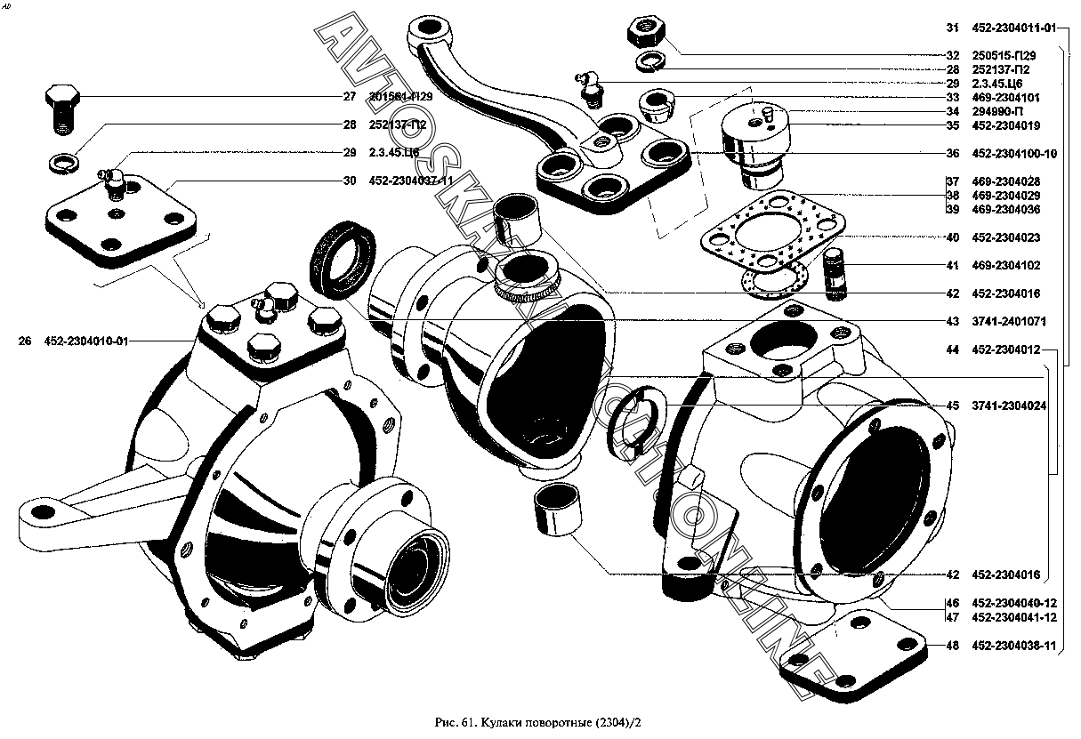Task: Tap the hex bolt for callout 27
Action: [x=61, y=108]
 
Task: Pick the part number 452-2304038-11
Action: [x=1013, y=647]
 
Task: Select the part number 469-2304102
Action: [x=1006, y=266]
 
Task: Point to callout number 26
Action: [x=24, y=341]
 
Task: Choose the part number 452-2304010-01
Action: [x=86, y=341]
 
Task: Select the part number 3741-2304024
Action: [x=1009, y=406]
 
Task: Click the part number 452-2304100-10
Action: [x=1013, y=154]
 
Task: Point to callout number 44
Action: [x=952, y=350]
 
